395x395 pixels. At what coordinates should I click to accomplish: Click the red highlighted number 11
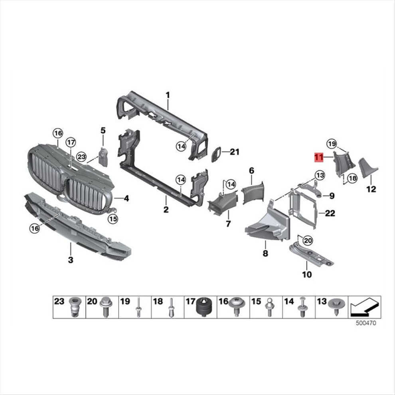pyautogui.click(x=319, y=158)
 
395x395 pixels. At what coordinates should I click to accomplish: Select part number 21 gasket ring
pyautogui.click(x=215, y=154)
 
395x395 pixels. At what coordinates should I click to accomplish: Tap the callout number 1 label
pyautogui.click(x=168, y=95)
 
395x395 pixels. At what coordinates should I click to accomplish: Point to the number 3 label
pyautogui.click(x=71, y=260)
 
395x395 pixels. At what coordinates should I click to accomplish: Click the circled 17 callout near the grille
pyautogui.click(x=71, y=142)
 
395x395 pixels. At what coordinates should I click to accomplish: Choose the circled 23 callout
pyautogui.click(x=81, y=157)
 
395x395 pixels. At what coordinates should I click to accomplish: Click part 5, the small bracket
pyautogui.click(x=103, y=157)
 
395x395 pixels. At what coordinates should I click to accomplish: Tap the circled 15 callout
pyautogui.click(x=113, y=219)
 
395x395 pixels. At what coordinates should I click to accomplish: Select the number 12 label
pyautogui.click(x=371, y=189)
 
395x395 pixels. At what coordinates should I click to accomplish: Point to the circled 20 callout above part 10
pyautogui.click(x=308, y=241)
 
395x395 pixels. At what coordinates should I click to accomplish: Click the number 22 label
pyautogui.click(x=330, y=213)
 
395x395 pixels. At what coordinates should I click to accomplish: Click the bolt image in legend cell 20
pyautogui.click(x=105, y=307)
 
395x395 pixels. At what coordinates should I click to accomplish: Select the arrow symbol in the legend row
pyautogui.click(x=365, y=307)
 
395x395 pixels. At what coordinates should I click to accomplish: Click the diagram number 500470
pyautogui.click(x=366, y=323)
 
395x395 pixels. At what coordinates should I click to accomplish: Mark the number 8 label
pyautogui.click(x=265, y=253)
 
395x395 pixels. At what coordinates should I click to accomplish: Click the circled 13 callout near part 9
pyautogui.click(x=320, y=175)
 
